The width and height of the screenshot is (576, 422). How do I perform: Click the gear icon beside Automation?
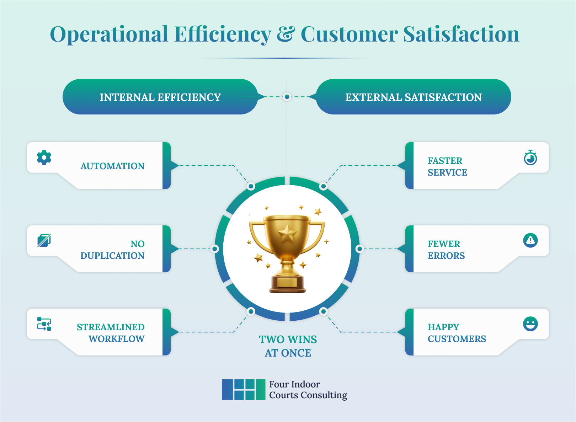pyautogui.click(x=44, y=157)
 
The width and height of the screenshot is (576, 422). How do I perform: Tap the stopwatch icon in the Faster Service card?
pyautogui.click(x=530, y=158)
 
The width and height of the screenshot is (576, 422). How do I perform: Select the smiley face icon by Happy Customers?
pyautogui.click(x=530, y=324)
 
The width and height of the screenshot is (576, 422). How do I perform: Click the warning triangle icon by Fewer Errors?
pyautogui.click(x=530, y=241)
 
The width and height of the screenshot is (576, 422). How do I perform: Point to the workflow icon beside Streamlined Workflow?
pyautogui.click(x=44, y=324)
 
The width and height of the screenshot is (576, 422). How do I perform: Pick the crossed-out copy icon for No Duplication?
pyautogui.click(x=44, y=241)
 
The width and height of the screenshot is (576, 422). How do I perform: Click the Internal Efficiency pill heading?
pyautogui.click(x=160, y=97)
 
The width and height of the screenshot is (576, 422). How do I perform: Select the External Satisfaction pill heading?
pyautogui.click(x=413, y=97)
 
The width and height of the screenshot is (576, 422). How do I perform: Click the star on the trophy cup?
pyautogui.click(x=287, y=234)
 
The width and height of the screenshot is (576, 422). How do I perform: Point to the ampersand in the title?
pyautogui.click(x=286, y=34)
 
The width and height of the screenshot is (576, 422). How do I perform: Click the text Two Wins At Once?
pyautogui.click(x=288, y=346)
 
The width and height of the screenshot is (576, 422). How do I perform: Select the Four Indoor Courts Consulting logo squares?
pyautogui.click(x=244, y=389)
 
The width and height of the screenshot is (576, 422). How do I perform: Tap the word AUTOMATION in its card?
pyautogui.click(x=112, y=166)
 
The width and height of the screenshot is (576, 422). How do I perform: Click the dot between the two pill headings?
pyautogui.click(x=287, y=97)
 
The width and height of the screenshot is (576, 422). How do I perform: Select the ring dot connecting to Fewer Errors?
pyautogui.click(x=359, y=249)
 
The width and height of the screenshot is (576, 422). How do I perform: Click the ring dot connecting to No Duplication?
pyautogui.click(x=214, y=249)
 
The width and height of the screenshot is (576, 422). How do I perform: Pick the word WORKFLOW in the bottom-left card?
pyautogui.click(x=116, y=339)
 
